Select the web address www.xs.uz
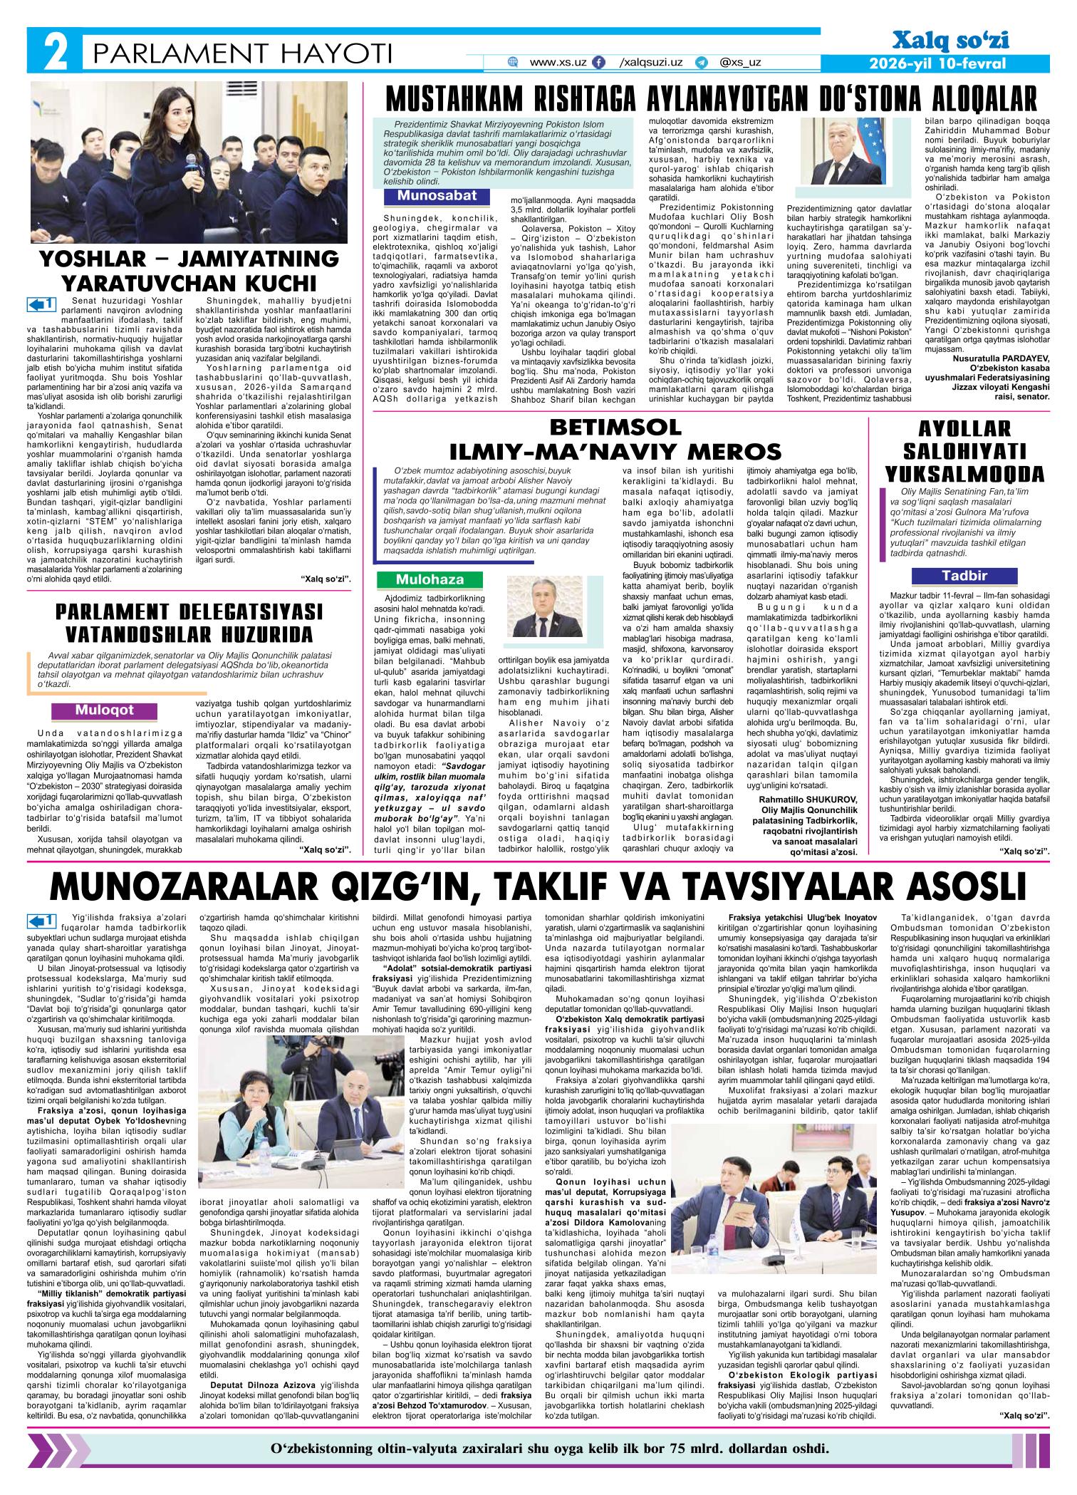(x=559, y=63)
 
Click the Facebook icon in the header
(x=599, y=63)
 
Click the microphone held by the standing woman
(x=190, y=160)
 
